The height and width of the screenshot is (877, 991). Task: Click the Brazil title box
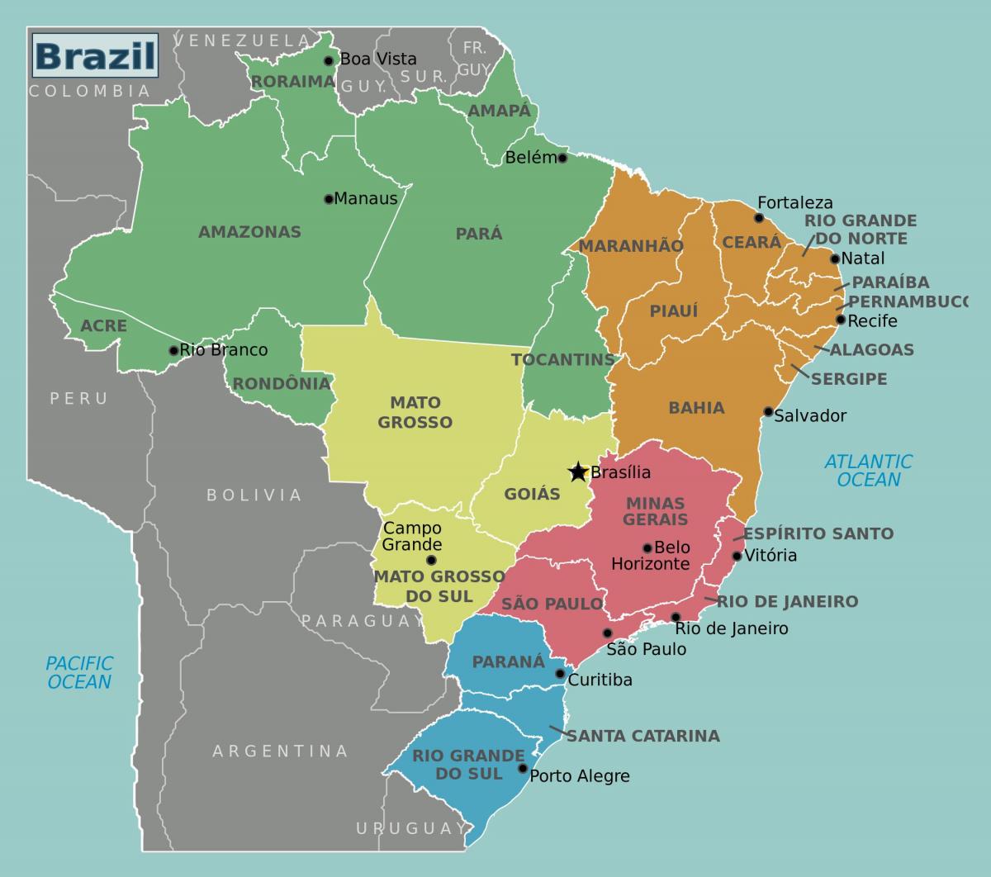tap(95, 55)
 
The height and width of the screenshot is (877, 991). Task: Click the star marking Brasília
tap(578, 472)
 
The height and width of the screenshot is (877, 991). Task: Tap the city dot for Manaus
tap(329, 198)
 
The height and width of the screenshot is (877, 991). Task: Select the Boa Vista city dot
tap(328, 60)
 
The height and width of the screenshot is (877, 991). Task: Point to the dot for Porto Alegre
tap(522, 769)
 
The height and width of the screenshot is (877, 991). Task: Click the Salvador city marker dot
tap(768, 411)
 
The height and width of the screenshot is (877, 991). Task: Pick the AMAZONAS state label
tap(249, 232)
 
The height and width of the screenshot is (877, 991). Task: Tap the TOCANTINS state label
tap(563, 360)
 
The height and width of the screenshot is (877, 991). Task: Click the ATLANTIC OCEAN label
tap(868, 471)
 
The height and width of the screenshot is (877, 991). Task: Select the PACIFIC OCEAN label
tap(79, 672)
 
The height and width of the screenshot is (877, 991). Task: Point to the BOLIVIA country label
tap(254, 495)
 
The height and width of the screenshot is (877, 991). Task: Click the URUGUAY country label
tap(410, 828)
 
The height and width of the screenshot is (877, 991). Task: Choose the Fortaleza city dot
tap(759, 218)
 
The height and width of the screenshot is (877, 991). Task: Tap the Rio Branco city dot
tap(173, 350)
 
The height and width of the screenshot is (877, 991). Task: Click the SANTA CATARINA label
tap(642, 736)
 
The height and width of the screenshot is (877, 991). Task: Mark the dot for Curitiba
tap(560, 674)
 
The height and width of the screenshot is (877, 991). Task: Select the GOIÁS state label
tap(532, 495)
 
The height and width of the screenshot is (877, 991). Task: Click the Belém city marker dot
tap(562, 158)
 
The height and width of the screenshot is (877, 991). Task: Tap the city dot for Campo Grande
tap(430, 560)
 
